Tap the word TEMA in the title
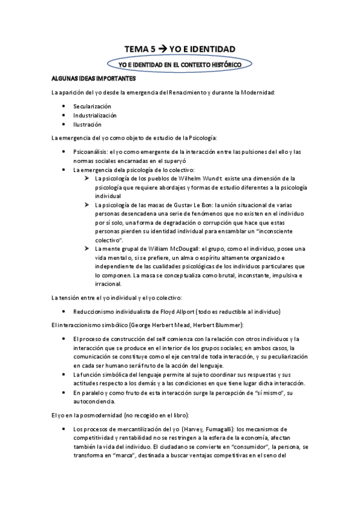(x=136, y=48)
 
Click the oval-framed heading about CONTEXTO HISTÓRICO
(x=180, y=63)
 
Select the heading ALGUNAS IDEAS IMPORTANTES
(x=94, y=79)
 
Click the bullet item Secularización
(x=93, y=106)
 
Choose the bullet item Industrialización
(x=95, y=115)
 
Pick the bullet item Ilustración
(x=87, y=124)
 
